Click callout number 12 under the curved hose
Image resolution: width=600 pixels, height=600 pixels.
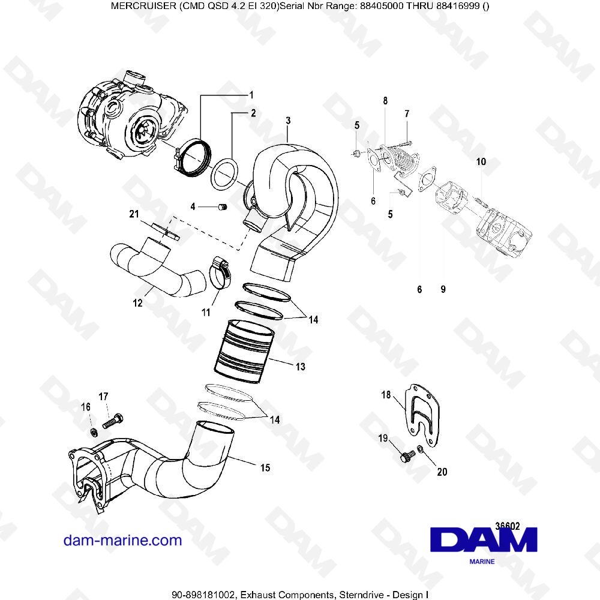pyautogui.click(x=137, y=304)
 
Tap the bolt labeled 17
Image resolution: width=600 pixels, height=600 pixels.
pyautogui.click(x=113, y=421)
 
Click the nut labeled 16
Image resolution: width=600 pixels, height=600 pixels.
pyautogui.click(x=94, y=432)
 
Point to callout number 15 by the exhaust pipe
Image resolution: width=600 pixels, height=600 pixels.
pyautogui.click(x=265, y=467)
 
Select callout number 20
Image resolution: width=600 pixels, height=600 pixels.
pyautogui.click(x=442, y=472)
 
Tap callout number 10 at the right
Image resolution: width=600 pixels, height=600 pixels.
pyautogui.click(x=481, y=162)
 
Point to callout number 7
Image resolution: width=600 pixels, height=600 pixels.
pyautogui.click(x=406, y=113)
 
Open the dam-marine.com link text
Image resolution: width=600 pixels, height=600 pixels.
pyautogui.click(x=122, y=540)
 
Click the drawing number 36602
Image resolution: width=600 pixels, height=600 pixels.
pyautogui.click(x=508, y=525)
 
